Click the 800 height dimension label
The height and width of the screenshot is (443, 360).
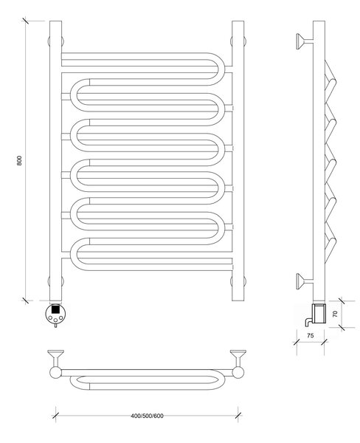point(19,160)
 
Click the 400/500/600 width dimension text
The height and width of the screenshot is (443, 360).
point(147,416)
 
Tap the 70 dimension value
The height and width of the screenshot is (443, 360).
point(335,314)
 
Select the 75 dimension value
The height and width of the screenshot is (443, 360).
point(310,336)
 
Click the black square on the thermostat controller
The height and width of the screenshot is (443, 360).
point(55,309)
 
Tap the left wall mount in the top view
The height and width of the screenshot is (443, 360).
point(55,358)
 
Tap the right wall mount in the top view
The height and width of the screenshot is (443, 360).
point(238,358)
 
